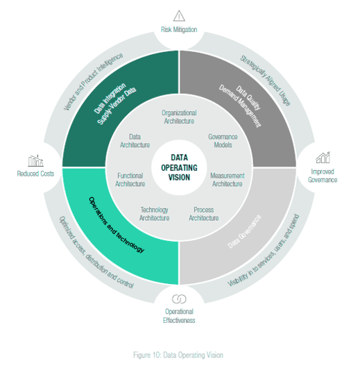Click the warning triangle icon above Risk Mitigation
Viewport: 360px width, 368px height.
(179, 15)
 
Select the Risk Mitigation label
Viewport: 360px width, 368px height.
(179, 30)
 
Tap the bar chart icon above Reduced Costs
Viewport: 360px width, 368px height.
(36, 160)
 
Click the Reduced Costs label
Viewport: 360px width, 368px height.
(36, 174)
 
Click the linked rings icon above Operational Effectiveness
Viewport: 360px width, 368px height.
(180, 299)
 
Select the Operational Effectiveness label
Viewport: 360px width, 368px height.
(180, 316)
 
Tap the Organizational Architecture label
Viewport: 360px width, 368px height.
(179, 116)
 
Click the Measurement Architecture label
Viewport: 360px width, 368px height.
(227, 180)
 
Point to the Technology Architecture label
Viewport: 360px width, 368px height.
(154, 214)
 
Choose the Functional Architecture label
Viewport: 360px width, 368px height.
(130, 180)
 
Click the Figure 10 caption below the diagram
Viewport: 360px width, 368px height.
(179, 355)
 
